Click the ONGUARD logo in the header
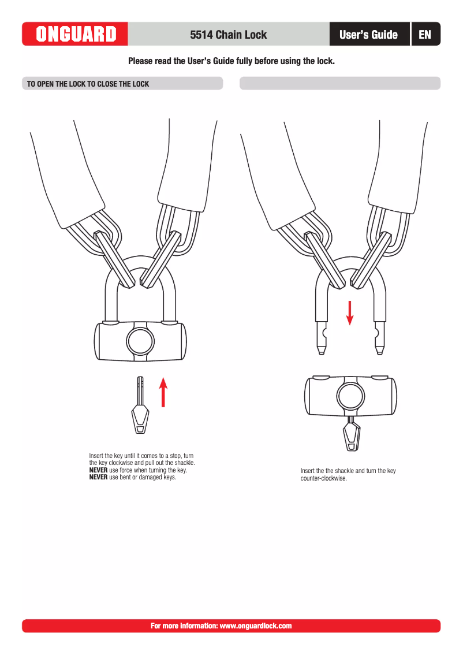pyautogui.click(x=75, y=34)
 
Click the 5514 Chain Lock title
pyautogui.click(x=228, y=35)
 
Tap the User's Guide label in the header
pyautogui.click(x=368, y=35)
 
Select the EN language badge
pyautogui.click(x=425, y=35)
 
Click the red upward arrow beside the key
pyautogui.click(x=163, y=392)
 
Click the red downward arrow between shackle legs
pyautogui.click(x=349, y=312)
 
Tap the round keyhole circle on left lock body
pyautogui.click(x=140, y=341)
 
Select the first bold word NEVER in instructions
pyautogui.click(x=98, y=470)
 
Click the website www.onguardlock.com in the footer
pyautogui.click(x=256, y=626)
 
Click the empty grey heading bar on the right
pyautogui.click(x=339, y=84)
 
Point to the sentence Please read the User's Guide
pyautogui.click(x=231, y=61)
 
